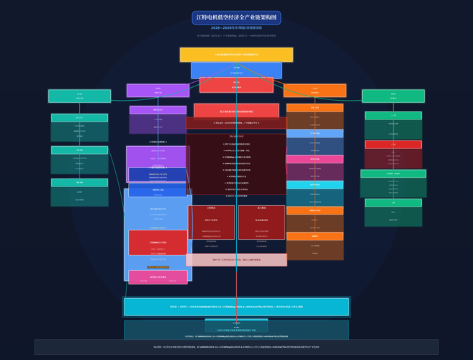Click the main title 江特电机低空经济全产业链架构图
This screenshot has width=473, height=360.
(x=236, y=17)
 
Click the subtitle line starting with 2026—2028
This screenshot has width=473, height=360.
(x=236, y=27)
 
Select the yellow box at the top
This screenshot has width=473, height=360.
(x=236, y=54)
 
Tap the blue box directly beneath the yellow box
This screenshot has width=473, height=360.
(x=236, y=70)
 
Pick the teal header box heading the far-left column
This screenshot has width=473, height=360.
(x=79, y=96)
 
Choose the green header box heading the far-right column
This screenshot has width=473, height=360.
(x=393, y=96)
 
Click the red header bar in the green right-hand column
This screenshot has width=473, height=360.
(x=393, y=145)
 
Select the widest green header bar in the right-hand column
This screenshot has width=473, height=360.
(x=393, y=174)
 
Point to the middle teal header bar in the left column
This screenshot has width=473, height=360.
(x=79, y=150)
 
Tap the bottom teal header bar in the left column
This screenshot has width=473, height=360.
(x=79, y=182)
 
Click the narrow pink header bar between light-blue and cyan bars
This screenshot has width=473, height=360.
(x=315, y=159)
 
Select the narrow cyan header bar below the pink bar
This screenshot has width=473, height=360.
(x=315, y=185)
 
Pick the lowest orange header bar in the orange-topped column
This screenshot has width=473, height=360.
(x=315, y=236)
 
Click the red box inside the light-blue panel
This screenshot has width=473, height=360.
(x=158, y=243)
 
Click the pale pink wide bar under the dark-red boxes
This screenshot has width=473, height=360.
(x=236, y=259)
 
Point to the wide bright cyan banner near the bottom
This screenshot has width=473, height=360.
(x=236, y=307)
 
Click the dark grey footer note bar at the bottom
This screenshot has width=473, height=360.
(x=236, y=347)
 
